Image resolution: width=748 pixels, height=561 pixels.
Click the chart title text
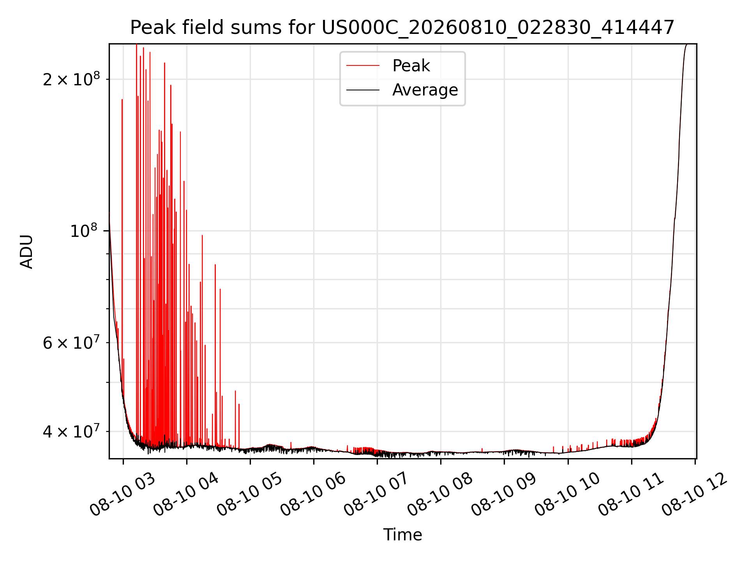click(402, 28)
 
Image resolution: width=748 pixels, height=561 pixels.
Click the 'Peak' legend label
click(411, 66)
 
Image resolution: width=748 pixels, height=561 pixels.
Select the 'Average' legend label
click(425, 90)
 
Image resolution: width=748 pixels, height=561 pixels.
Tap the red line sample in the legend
click(363, 66)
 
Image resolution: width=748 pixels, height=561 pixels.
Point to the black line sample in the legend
click(363, 90)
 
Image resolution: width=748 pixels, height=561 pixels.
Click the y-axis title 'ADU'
click(26, 252)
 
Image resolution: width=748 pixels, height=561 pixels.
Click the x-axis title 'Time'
click(402, 535)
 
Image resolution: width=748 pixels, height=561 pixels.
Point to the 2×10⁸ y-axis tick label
click(71, 79)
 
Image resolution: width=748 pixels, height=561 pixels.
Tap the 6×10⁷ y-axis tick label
click(71, 343)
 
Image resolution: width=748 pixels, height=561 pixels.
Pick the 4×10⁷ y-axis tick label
click(71, 431)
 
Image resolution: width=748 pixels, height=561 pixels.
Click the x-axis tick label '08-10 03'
click(122, 494)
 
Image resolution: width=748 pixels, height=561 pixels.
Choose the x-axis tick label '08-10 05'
click(249, 494)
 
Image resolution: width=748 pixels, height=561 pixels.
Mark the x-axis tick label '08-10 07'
click(376, 494)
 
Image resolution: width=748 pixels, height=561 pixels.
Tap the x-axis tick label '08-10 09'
click(504, 494)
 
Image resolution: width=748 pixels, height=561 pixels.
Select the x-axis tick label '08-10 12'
click(694, 494)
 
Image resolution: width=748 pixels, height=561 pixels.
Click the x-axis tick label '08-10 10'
click(567, 494)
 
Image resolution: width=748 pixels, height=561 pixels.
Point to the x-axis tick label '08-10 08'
click(440, 494)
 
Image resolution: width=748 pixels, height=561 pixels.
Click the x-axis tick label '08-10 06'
click(313, 494)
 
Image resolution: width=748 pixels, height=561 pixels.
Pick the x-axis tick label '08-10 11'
click(631, 494)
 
